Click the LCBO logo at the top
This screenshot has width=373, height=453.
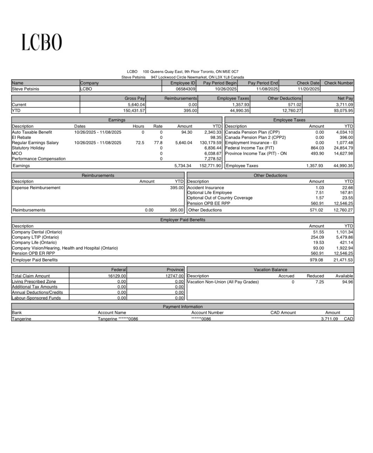point(42,42)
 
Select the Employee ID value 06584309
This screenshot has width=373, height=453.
point(186,89)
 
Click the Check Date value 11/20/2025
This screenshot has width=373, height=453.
point(309,89)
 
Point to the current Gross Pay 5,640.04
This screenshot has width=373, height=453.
point(136,105)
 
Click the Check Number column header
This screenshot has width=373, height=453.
point(339,83)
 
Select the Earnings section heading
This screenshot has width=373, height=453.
point(117,120)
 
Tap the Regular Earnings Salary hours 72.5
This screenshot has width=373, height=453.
point(140,143)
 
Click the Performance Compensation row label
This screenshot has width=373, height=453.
point(39,159)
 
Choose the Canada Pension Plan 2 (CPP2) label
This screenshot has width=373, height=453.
point(255,137)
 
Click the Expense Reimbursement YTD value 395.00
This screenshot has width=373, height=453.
point(177,188)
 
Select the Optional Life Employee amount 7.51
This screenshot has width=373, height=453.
point(320,193)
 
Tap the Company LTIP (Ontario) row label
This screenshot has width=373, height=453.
point(35,237)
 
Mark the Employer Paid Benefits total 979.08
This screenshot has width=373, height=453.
point(316,260)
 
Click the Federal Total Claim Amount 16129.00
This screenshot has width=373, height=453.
point(117,276)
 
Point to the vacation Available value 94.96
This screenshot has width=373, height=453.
point(348,282)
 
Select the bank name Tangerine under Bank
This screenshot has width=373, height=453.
point(21,319)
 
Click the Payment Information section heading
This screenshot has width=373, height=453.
point(183,307)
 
